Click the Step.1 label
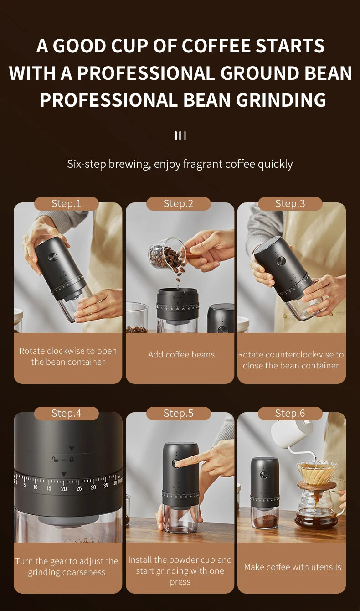pos(67,204)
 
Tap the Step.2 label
pos(179,204)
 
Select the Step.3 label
pos(290,204)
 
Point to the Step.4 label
pos(67,414)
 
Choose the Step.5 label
pos(179,414)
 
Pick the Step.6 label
pos(290,414)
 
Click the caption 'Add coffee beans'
pos(181,355)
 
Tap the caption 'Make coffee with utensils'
pos(293,567)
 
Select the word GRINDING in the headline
pos(281,100)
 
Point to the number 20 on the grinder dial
pos(64,489)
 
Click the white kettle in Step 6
pos(292,433)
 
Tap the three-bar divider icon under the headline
pos(180,135)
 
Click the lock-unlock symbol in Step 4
pos(63,459)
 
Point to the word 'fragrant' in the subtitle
pos(203,164)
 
